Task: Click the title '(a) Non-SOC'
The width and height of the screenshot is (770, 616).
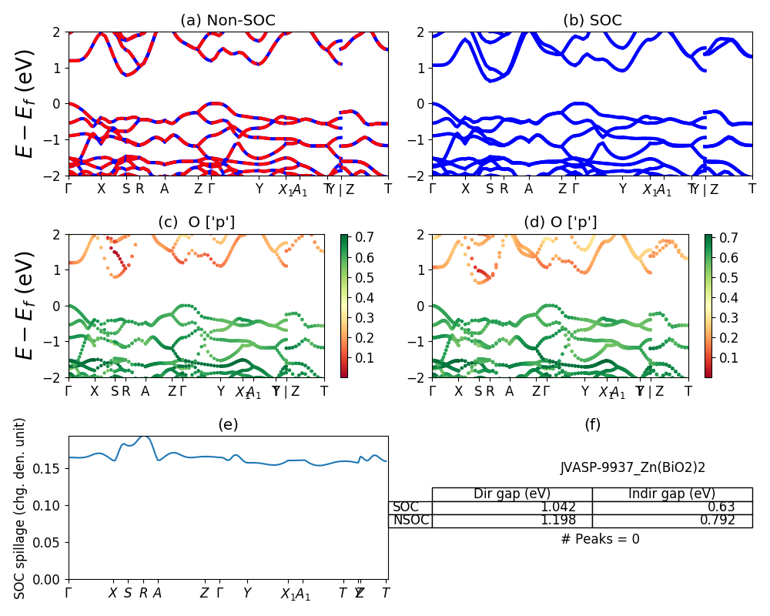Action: (228, 20)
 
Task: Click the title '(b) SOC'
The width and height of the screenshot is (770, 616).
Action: (592, 20)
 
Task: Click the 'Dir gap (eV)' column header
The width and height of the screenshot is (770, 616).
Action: (511, 494)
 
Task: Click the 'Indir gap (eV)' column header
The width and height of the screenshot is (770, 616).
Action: (671, 494)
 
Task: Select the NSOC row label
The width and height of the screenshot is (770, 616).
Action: (410, 520)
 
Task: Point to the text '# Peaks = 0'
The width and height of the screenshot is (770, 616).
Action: (600, 539)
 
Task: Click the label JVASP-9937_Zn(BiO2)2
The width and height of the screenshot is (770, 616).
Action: (633, 467)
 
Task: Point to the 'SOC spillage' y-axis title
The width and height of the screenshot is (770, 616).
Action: (21, 508)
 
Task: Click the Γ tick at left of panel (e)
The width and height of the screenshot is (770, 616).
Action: (69, 593)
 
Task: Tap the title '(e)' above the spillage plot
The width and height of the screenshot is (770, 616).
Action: (228, 423)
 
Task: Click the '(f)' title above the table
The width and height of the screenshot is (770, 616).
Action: (592, 423)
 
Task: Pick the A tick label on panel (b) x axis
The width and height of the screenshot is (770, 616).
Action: (528, 189)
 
